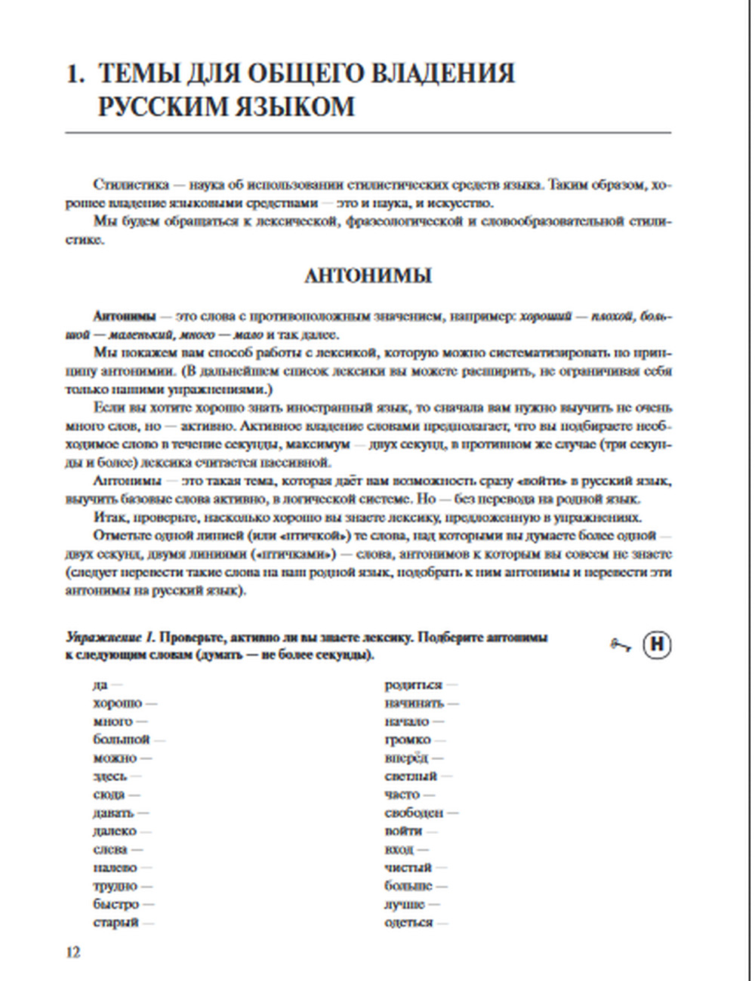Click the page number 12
pos(72,952)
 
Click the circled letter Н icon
pos(657,644)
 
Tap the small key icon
pos(620,644)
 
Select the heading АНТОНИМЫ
pos(368,276)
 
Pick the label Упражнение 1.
pos(110,638)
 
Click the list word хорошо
pos(117,703)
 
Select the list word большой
pos(122,740)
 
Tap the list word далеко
pos(115,831)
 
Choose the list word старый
pos(116,922)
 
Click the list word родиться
pos(413,685)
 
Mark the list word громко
pos(407,740)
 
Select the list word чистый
pos(408,868)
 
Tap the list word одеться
pos(408,922)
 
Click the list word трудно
pos(115,886)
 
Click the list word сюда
pos(109,795)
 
